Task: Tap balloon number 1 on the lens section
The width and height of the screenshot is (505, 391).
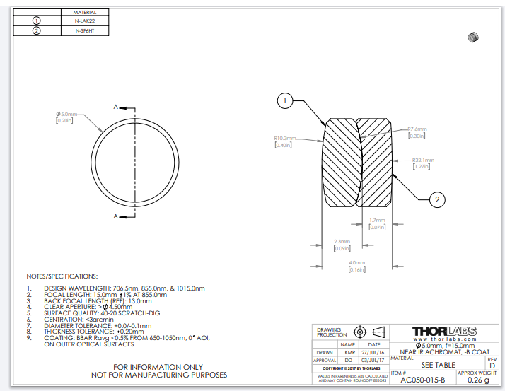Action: coord(284,101)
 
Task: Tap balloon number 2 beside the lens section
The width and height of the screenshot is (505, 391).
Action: coord(438,200)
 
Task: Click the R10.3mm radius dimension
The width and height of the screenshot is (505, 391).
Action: coord(286,138)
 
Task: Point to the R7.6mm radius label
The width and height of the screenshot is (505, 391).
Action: coord(417,129)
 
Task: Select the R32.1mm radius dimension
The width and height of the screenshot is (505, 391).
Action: coord(423,161)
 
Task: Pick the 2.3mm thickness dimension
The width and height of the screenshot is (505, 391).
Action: coord(342,242)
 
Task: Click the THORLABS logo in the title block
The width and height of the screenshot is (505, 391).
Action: coord(444,331)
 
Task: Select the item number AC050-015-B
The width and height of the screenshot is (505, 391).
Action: coord(423,380)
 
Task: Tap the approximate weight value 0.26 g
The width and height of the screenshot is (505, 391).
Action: coord(478,380)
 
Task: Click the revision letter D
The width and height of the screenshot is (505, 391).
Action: coord(492,366)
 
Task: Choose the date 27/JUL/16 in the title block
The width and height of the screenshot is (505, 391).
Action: coord(374,351)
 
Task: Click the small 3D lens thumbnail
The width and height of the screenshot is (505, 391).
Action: coord(473,37)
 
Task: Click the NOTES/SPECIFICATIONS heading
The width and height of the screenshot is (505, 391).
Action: coord(62,276)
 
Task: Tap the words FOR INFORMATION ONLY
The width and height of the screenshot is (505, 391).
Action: coord(163,367)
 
